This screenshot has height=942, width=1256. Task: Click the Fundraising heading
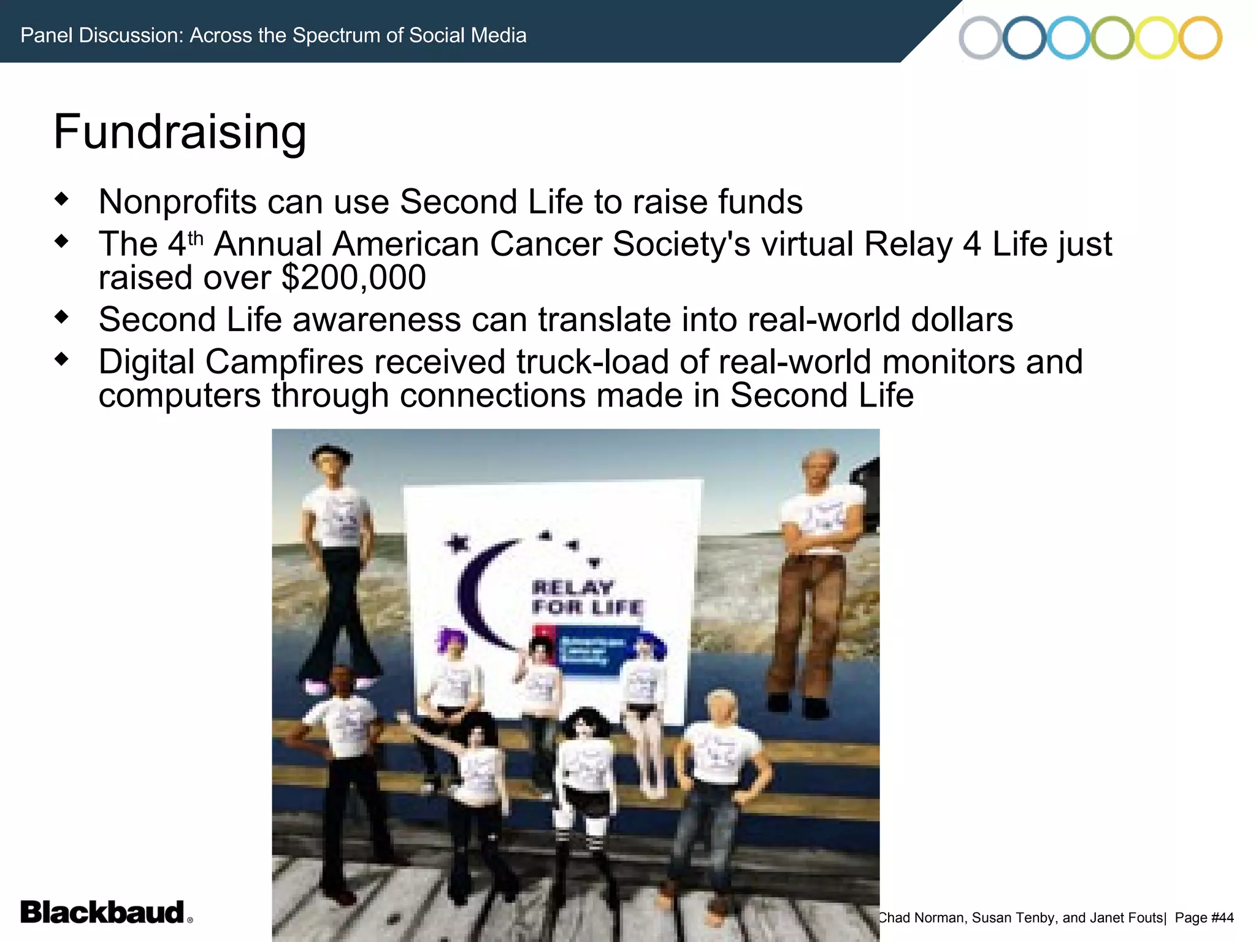[x=180, y=132]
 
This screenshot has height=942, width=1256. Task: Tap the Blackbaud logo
[x=102, y=912]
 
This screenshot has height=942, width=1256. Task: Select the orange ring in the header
[x=1200, y=38]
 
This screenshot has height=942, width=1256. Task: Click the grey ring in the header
[x=980, y=38]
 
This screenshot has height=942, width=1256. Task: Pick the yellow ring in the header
[x=1156, y=38]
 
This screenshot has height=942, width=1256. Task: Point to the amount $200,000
[x=354, y=278]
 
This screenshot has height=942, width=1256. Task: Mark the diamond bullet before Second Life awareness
[x=61, y=317]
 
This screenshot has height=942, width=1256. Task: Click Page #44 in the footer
[x=1204, y=917]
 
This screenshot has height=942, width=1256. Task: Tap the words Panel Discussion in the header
[x=101, y=36]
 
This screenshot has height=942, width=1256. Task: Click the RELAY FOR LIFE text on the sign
[x=586, y=597]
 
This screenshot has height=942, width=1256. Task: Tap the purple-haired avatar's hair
[x=452, y=641]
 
